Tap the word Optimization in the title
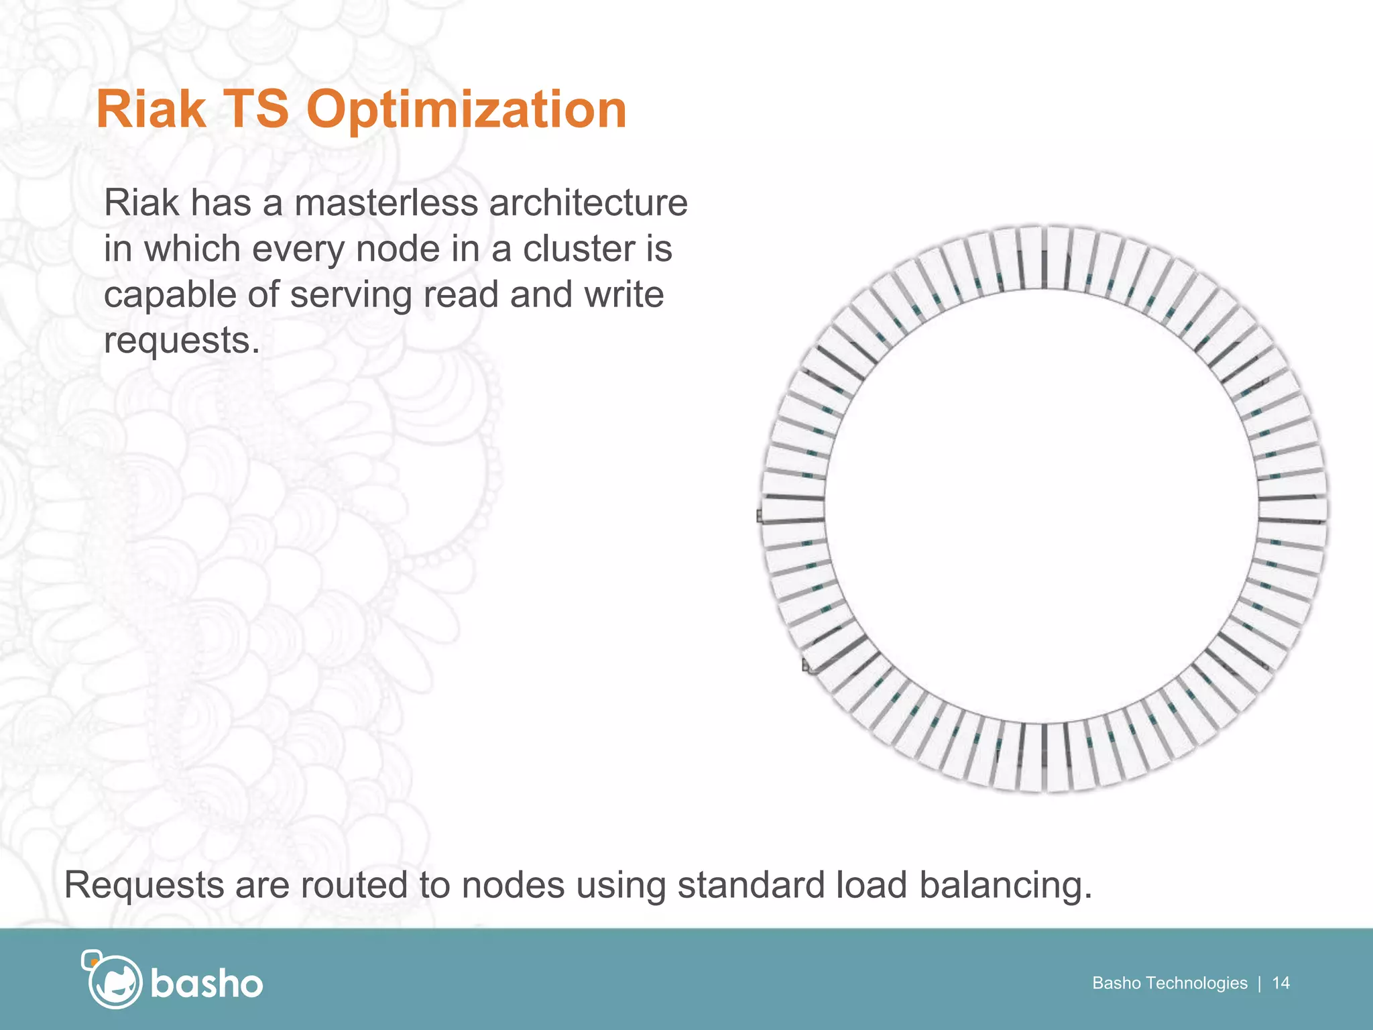coord(466,111)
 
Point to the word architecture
coord(588,203)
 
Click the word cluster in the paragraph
coord(579,249)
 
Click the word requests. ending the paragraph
coord(181,341)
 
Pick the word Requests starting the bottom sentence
coord(143,885)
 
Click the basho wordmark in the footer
coord(206,984)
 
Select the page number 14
coord(1280,983)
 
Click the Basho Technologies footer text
coord(1169,983)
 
